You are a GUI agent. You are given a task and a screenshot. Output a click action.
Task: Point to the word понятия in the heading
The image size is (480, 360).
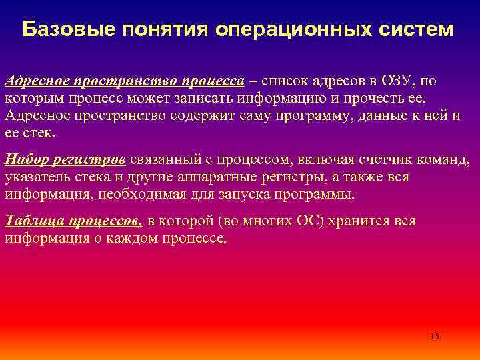(159, 30)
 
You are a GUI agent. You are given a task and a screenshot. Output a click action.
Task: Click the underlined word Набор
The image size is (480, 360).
(27, 161)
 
